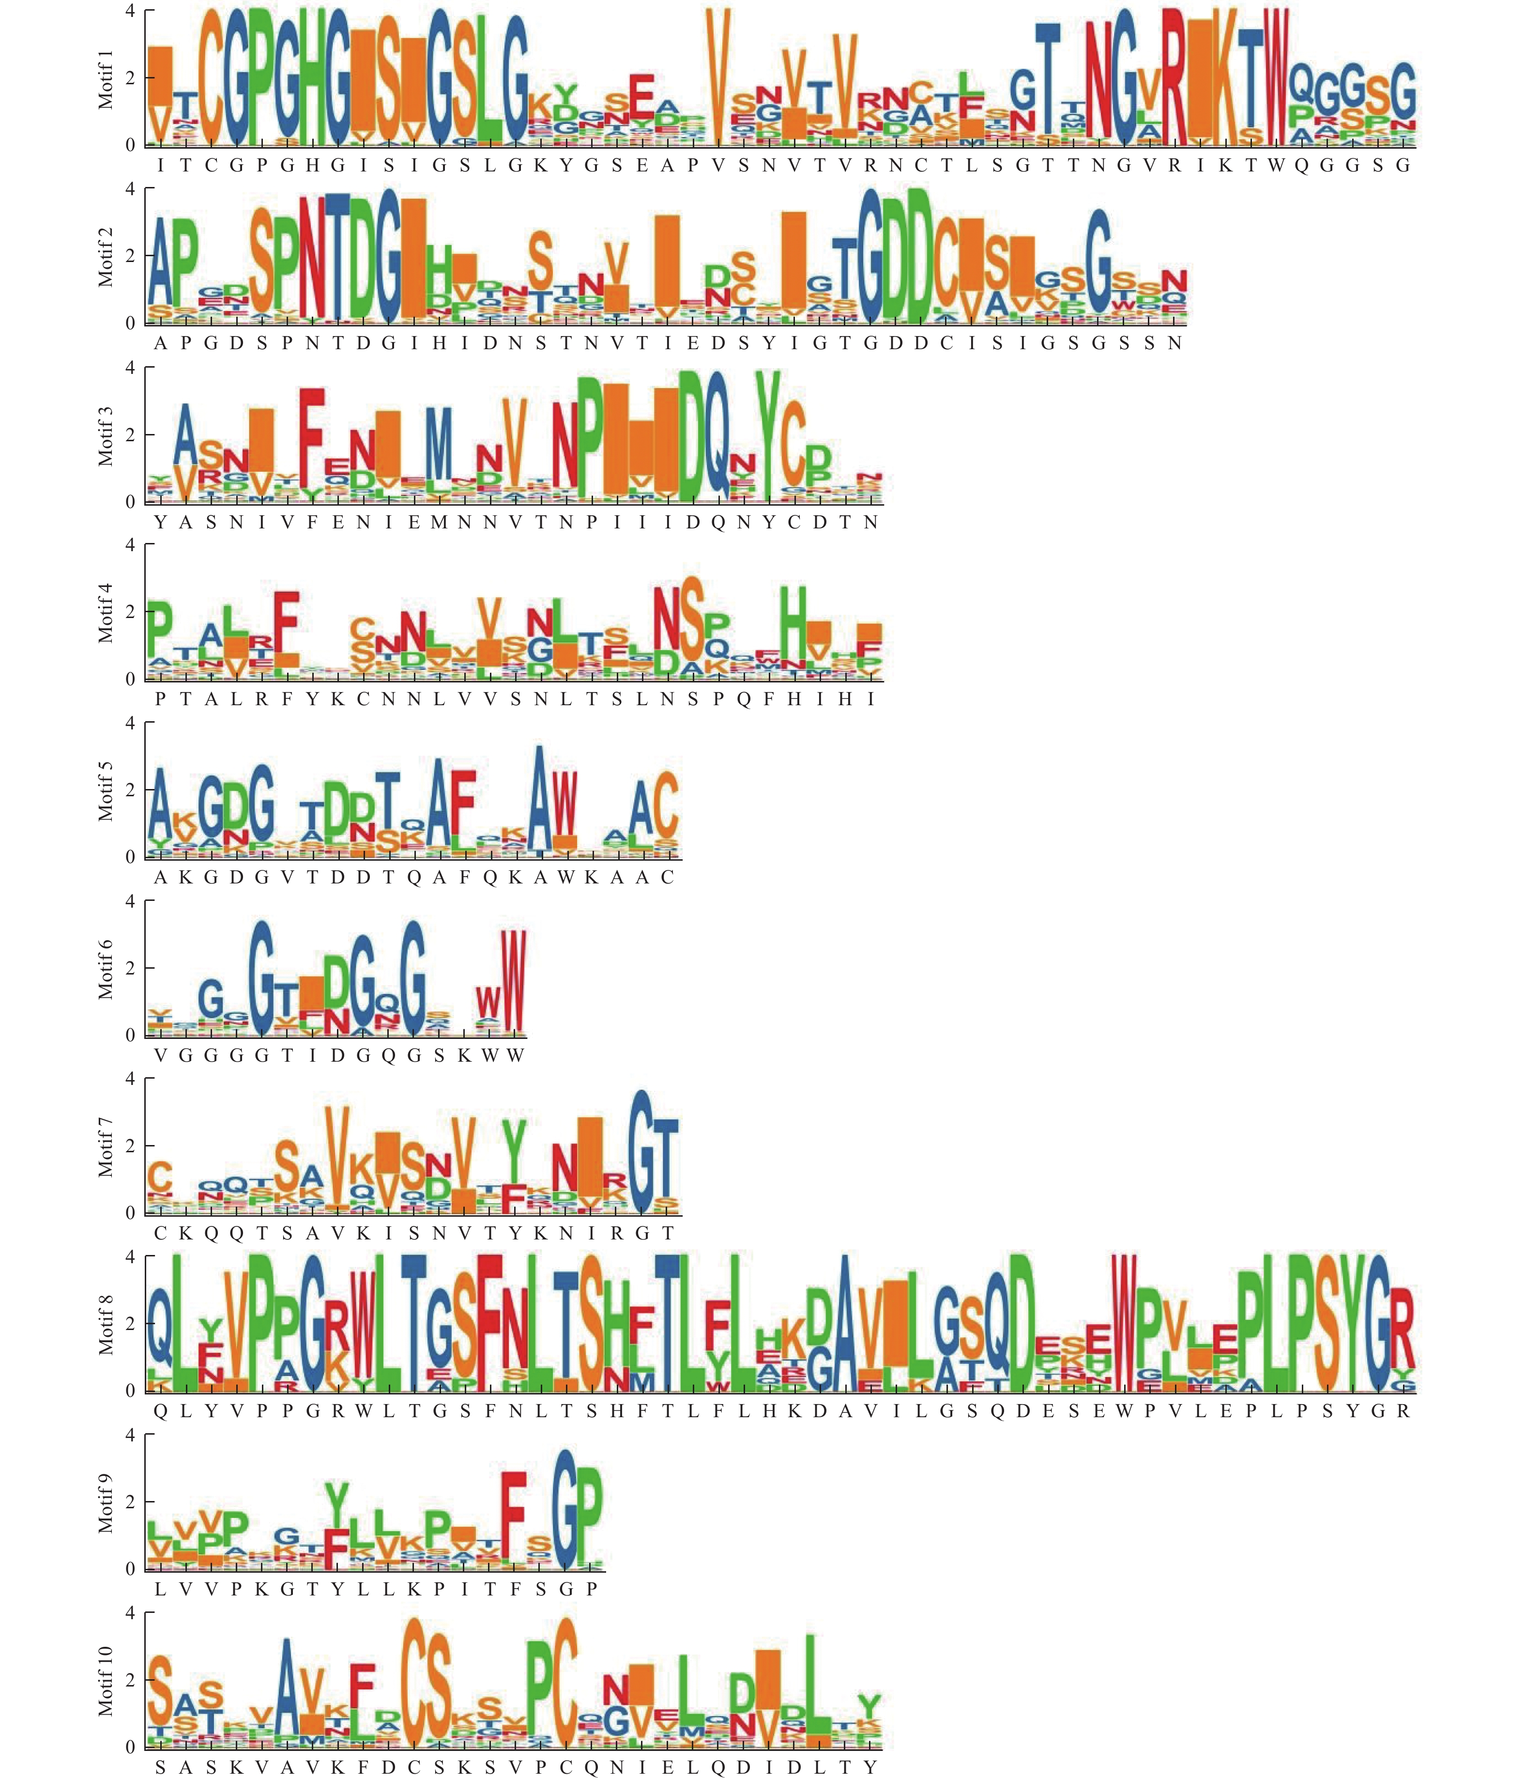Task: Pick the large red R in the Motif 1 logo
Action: (x=1174, y=77)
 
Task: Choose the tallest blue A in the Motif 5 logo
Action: (x=539, y=799)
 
